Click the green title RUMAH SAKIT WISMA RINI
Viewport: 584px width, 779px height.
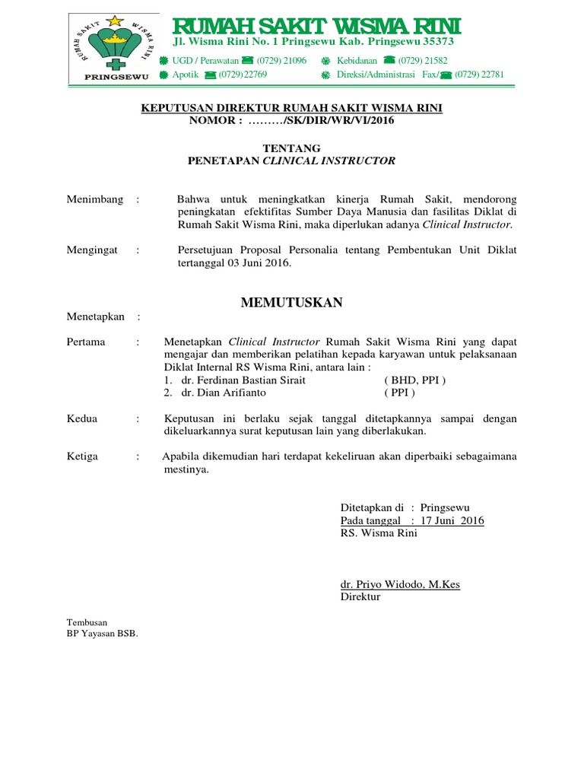pos(316,28)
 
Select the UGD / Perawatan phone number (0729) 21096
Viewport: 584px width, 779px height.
pos(281,60)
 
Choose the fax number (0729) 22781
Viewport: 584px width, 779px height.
pos(479,75)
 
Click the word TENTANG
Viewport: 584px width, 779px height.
pos(291,148)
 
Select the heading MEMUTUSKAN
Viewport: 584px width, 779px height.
pos(291,303)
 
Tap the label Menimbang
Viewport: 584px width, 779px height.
pos(95,199)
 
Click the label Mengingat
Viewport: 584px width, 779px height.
pos(92,250)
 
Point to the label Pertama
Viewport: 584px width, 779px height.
pos(86,342)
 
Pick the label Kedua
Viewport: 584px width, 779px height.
pos(82,418)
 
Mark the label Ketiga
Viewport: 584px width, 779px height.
pos(84,456)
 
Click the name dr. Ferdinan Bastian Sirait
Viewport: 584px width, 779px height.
pos(238,380)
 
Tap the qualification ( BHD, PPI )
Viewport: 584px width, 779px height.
pos(415,380)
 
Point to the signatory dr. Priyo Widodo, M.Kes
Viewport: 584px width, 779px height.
pos(400,584)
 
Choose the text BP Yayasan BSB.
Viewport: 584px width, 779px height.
pos(103,633)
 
